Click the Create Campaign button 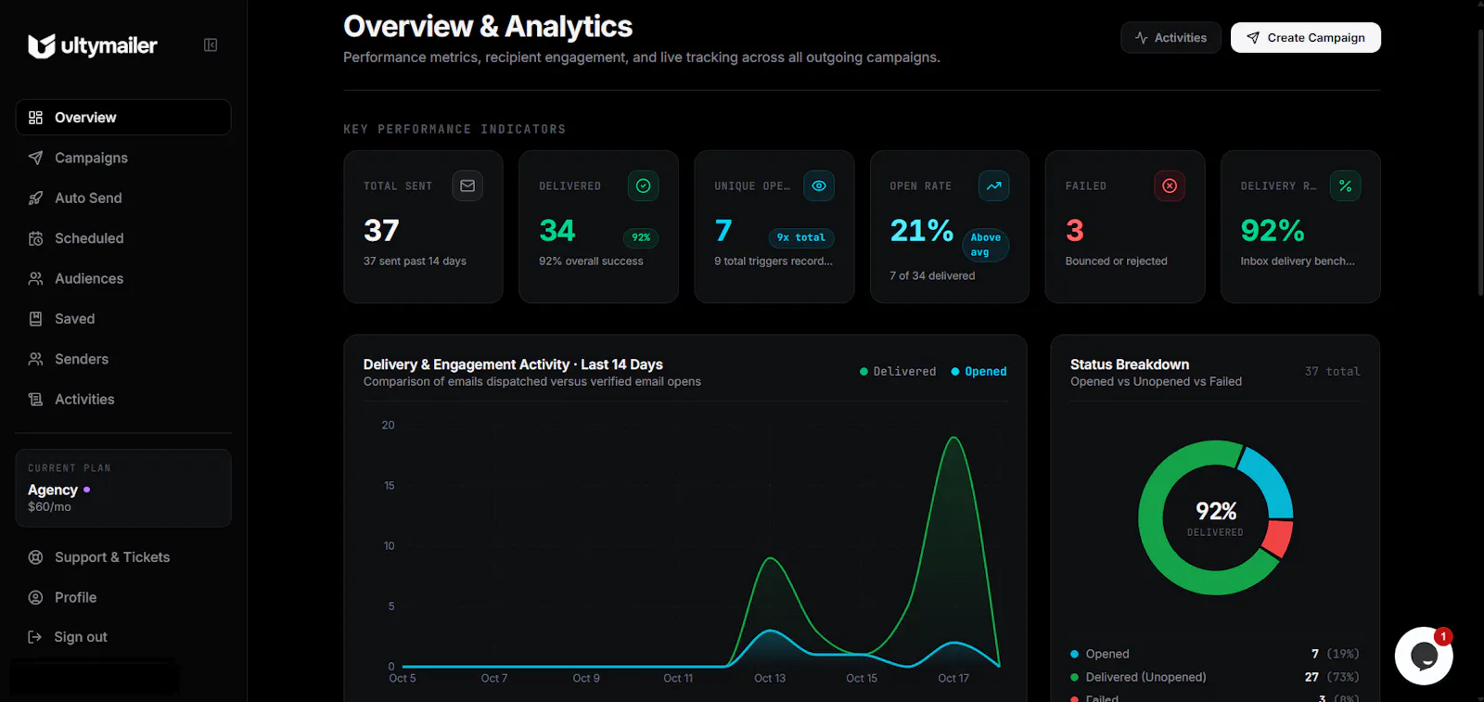tap(1305, 38)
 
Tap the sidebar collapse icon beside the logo tap(211, 45)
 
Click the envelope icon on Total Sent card tap(467, 186)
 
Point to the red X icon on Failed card tap(1170, 186)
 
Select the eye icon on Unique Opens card tap(819, 186)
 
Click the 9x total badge tap(801, 237)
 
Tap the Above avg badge tap(985, 245)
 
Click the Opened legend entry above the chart tap(979, 372)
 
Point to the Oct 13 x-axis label tap(770, 678)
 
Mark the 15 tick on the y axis tap(390, 485)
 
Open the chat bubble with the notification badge tap(1424, 656)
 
